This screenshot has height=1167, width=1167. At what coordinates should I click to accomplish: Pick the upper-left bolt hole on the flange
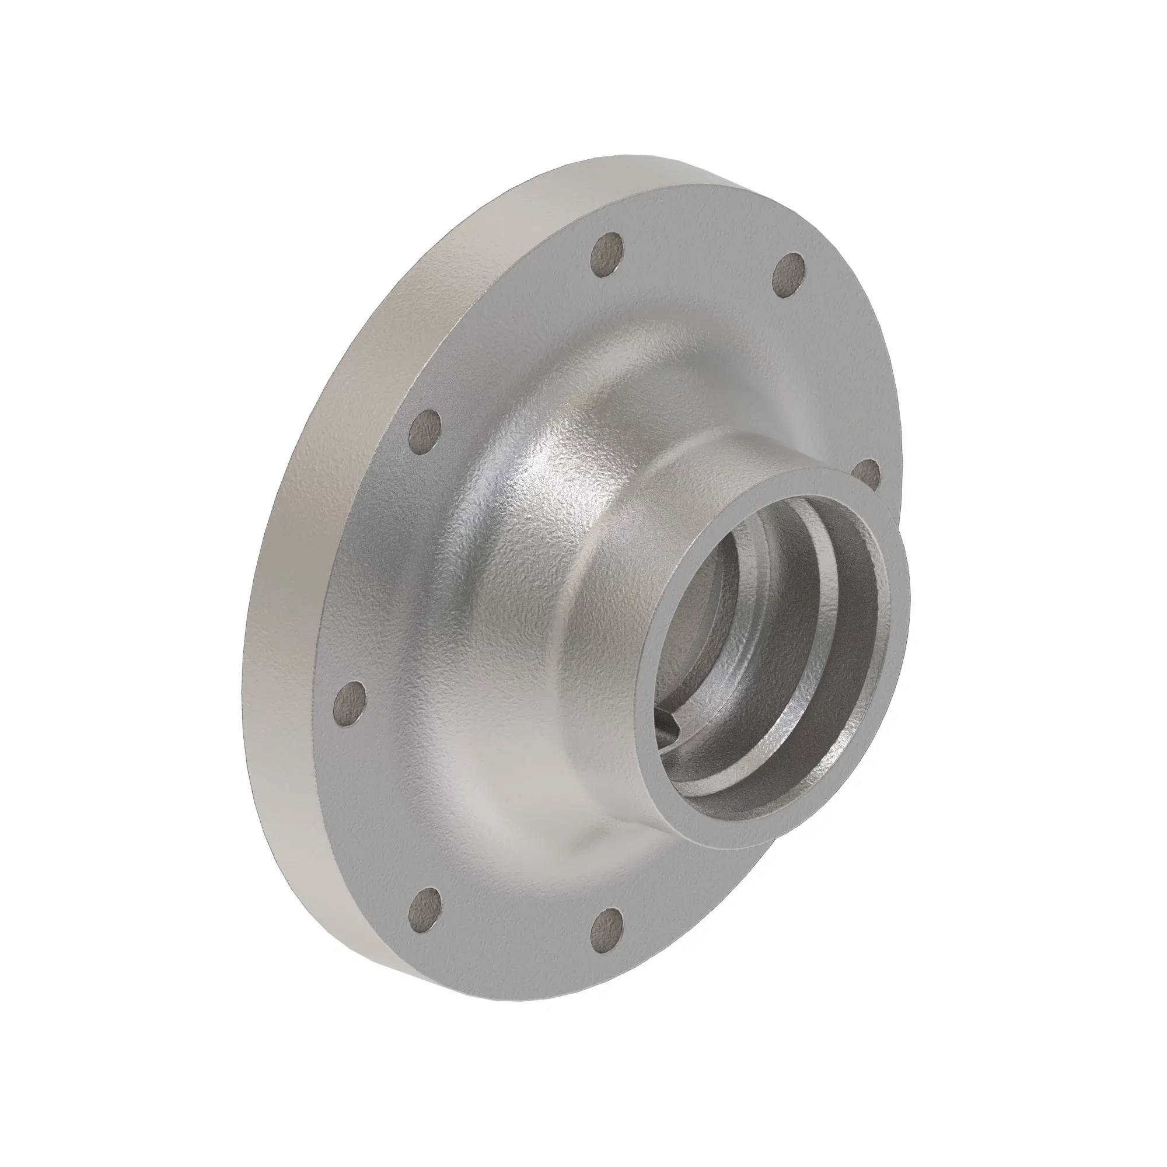[427, 431]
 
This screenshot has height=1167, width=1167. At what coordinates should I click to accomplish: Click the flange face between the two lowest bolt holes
[513, 942]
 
